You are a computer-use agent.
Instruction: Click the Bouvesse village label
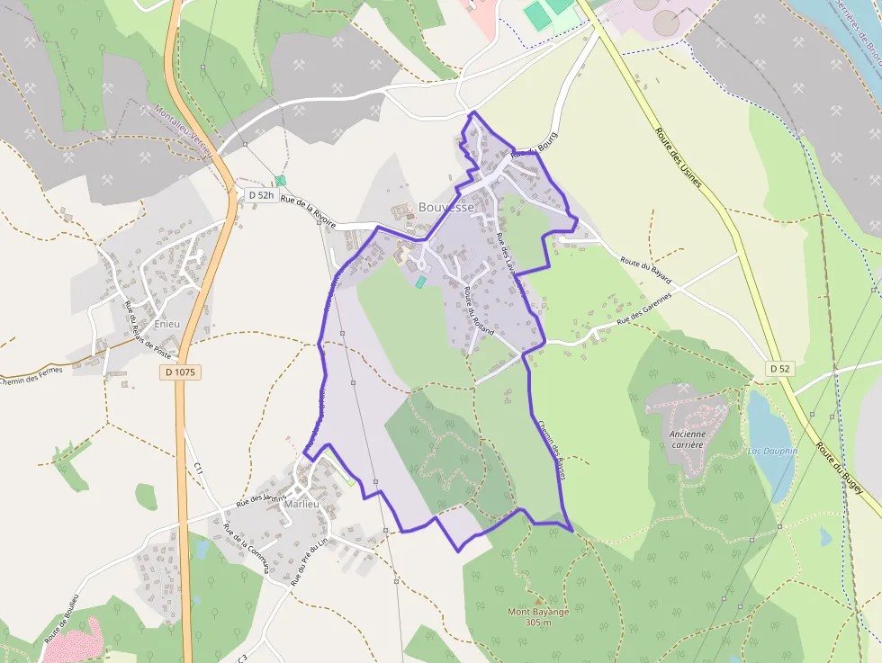click(445, 207)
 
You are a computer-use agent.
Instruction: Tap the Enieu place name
click(167, 323)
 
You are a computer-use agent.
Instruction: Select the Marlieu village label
click(301, 504)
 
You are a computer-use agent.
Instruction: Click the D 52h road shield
click(259, 195)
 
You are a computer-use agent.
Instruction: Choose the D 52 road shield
click(778, 369)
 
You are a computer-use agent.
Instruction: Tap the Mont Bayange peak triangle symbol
click(538, 600)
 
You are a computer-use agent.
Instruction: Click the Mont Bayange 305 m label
click(538, 617)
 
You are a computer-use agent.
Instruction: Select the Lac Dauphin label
click(772, 450)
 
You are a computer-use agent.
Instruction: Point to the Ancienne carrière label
click(688, 438)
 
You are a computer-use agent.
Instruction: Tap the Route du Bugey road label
click(839, 468)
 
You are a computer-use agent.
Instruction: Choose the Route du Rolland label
click(480, 311)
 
